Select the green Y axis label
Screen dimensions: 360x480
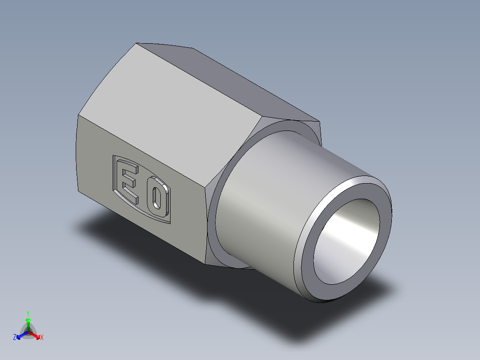(28, 313)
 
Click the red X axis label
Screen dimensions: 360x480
(41, 338)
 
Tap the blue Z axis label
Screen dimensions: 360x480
(15, 338)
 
